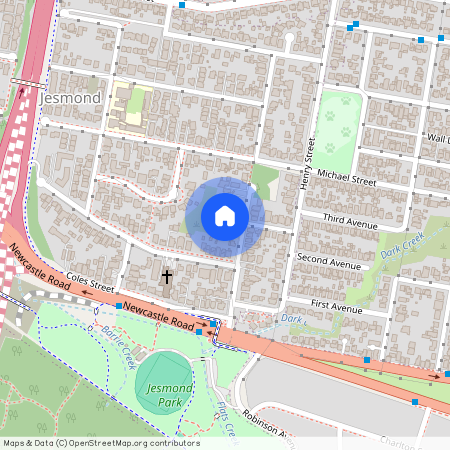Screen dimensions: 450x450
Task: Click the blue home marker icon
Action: [x=225, y=216]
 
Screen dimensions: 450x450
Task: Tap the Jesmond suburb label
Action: [x=73, y=99]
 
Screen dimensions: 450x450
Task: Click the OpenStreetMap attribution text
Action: [x=101, y=443]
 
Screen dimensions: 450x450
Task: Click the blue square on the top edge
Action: [x=182, y=4]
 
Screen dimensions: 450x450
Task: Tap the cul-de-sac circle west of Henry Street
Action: [x=288, y=40]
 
